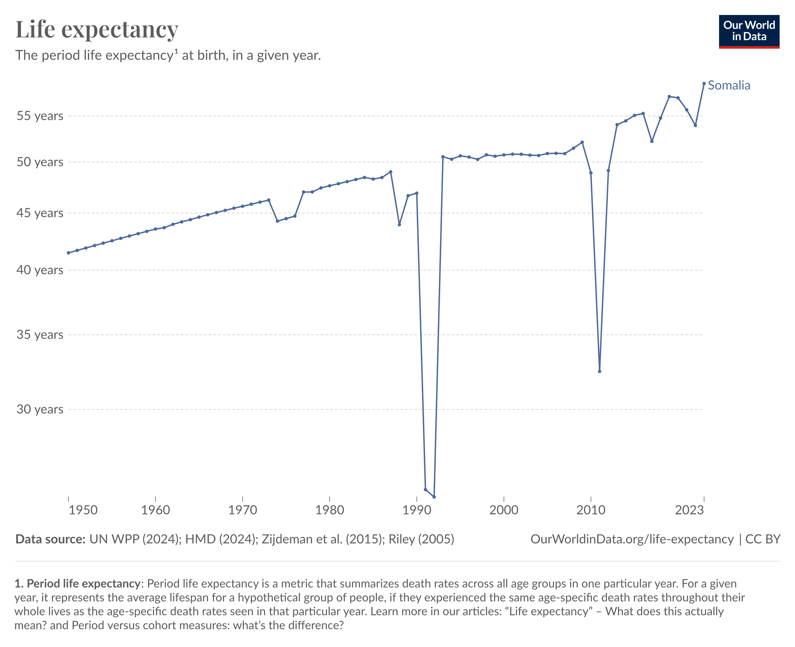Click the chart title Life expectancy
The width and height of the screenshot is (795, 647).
tap(97, 29)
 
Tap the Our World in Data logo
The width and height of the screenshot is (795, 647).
tap(749, 31)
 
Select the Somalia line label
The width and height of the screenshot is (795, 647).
tap(729, 85)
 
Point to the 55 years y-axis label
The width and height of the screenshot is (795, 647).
tap(40, 116)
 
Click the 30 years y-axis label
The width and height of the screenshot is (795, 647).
tap(40, 409)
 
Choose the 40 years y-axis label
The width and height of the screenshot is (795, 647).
tap(40, 270)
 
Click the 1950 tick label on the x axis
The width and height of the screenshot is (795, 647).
tap(83, 510)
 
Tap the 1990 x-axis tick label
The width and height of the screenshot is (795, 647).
tap(417, 510)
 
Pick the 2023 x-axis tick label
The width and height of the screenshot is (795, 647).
tap(689, 510)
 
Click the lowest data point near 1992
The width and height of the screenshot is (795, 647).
tap(434, 497)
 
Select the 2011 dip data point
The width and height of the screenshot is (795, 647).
tap(600, 371)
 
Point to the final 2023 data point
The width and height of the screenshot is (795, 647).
tap(704, 84)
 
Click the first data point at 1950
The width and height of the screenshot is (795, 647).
tap(69, 253)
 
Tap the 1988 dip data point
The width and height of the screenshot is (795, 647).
tap(399, 225)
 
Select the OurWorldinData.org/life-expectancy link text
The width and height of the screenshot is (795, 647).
tap(632, 539)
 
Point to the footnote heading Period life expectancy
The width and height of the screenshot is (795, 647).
tap(83, 583)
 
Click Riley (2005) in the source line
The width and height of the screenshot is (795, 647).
tap(421, 539)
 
